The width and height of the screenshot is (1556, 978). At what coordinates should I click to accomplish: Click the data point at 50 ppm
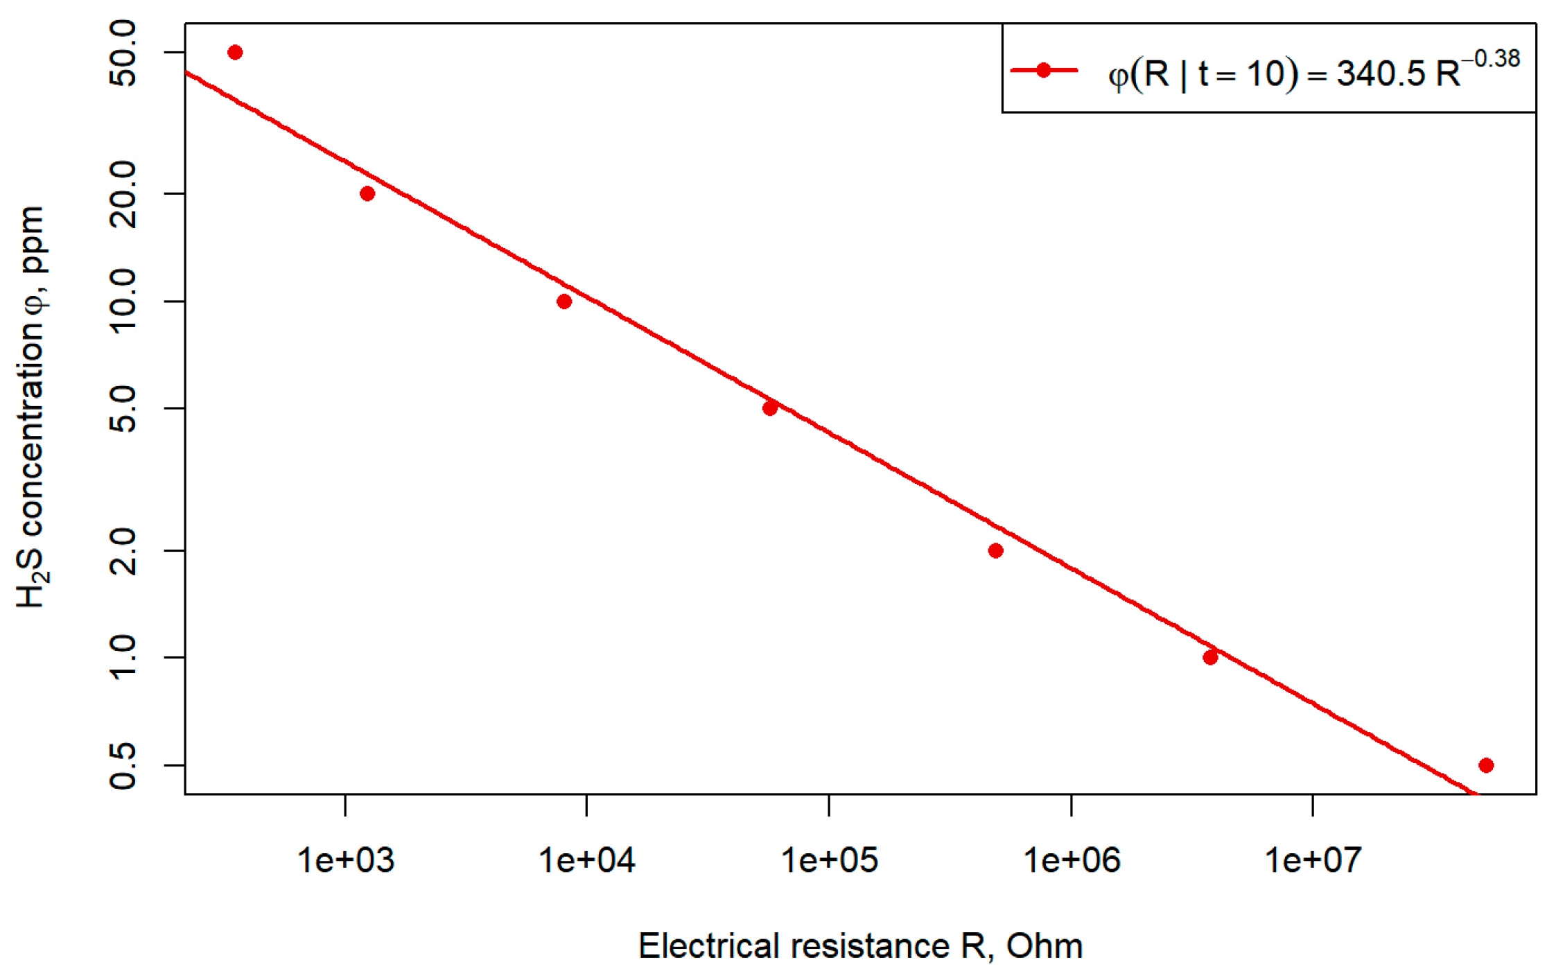(x=235, y=53)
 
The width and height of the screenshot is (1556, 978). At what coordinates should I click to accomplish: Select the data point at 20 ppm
(x=367, y=193)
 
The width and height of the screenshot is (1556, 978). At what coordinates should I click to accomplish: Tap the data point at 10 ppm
(x=564, y=302)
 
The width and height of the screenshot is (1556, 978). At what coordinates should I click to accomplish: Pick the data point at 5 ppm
(x=770, y=408)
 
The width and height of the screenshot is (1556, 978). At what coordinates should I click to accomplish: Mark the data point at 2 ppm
(x=996, y=551)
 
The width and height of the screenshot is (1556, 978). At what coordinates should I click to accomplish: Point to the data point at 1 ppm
(x=1211, y=657)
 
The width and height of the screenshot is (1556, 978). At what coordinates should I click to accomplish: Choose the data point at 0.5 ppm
(x=1486, y=765)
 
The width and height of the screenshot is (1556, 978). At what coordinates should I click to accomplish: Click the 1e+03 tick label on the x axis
(x=345, y=861)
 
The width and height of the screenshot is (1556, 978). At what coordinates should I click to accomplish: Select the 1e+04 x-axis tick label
(x=587, y=861)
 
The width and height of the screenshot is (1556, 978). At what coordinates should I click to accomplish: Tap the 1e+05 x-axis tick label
(x=829, y=861)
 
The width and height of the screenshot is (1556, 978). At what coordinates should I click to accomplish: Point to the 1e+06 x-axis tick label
(x=1072, y=861)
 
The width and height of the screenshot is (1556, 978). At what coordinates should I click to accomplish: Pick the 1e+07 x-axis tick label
(x=1313, y=861)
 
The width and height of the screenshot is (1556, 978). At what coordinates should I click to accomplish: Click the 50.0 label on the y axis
(x=123, y=53)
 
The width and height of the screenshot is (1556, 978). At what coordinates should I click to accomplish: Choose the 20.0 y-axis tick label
(x=123, y=193)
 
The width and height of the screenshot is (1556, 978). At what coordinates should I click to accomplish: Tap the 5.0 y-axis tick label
(x=123, y=408)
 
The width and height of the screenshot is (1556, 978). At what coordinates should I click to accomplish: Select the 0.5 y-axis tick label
(x=123, y=765)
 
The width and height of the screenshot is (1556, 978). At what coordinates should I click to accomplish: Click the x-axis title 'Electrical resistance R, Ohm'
(x=860, y=947)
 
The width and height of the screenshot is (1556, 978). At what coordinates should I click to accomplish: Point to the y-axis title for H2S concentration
(x=32, y=408)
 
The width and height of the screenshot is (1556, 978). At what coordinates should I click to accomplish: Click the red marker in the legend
(x=1044, y=70)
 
